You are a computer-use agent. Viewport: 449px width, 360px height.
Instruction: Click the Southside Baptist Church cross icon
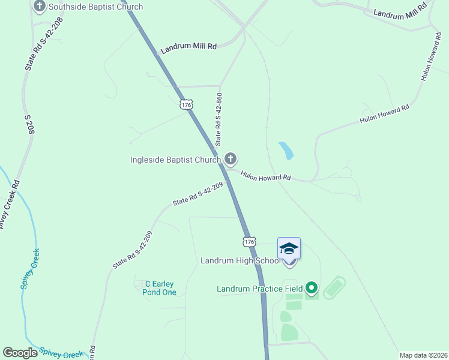click(40, 7)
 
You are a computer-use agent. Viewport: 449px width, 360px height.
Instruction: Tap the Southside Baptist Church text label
click(95, 7)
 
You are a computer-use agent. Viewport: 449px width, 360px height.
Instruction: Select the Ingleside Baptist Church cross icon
click(230, 159)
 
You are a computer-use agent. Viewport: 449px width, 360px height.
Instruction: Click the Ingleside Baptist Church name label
click(176, 160)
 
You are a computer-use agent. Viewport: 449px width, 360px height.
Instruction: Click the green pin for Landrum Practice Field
click(311, 289)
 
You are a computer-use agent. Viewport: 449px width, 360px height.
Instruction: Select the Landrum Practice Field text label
click(259, 289)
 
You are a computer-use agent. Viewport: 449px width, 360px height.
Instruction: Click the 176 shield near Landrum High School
click(249, 241)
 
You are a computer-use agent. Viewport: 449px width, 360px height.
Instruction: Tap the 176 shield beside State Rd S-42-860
click(186, 104)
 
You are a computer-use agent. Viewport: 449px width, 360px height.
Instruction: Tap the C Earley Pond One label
click(160, 288)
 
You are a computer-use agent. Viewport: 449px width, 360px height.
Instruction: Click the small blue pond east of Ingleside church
click(286, 150)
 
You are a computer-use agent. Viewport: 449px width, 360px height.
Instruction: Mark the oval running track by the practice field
click(334, 287)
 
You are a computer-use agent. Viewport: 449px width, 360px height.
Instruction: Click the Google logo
click(20, 353)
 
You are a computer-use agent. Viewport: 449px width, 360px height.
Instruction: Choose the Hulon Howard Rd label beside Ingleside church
click(266, 177)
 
